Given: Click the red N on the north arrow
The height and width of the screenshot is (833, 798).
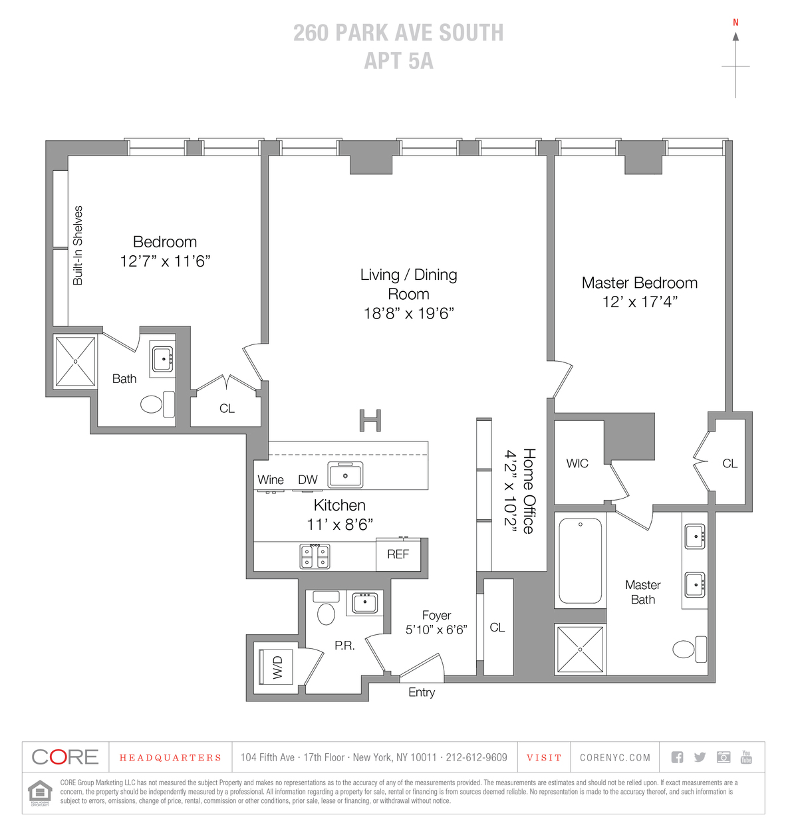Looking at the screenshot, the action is (x=735, y=23).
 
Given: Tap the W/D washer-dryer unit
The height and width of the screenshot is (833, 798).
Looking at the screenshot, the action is (x=276, y=667).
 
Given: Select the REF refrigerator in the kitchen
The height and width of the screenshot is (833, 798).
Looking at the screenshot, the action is (x=398, y=554).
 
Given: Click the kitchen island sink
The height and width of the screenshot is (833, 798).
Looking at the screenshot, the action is (x=345, y=475).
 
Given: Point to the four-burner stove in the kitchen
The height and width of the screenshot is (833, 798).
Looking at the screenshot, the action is (x=315, y=556).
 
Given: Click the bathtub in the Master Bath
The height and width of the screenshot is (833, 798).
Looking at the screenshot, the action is (x=580, y=561).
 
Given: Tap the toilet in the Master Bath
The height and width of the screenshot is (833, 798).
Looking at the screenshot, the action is (x=689, y=649).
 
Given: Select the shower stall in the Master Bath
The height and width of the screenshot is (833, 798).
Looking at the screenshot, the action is (x=580, y=650).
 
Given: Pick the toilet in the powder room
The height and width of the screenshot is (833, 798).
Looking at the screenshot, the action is (x=327, y=608).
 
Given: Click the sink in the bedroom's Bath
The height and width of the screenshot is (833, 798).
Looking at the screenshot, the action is (x=163, y=359).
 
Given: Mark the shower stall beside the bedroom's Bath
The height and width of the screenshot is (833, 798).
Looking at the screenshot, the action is (x=75, y=361).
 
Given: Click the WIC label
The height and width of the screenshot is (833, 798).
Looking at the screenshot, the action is (x=577, y=463).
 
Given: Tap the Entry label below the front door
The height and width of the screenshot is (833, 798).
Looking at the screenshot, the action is (x=421, y=692).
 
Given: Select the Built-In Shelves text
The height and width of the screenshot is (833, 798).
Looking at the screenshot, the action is (x=78, y=245).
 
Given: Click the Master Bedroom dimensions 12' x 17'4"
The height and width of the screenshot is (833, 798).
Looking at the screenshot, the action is (x=640, y=302).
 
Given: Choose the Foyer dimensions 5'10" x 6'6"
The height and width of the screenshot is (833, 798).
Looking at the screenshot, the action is (x=436, y=630).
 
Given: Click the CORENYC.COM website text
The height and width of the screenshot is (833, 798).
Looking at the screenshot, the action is (x=614, y=757).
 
